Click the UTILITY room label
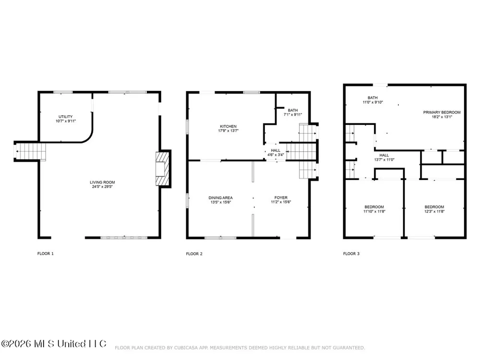pyautogui.click(x=65, y=117)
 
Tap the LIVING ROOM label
pyautogui.click(x=102, y=182)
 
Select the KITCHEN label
pyautogui.click(x=228, y=126)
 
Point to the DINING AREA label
pyautogui.click(x=220, y=198)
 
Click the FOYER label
pyautogui.click(x=281, y=198)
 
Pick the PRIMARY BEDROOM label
pyautogui.click(x=442, y=112)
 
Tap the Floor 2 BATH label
pyautogui.click(x=293, y=110)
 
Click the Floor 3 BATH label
pyautogui.click(x=372, y=97)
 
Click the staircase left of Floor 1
pyautogui.click(x=30, y=152)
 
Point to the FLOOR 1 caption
pyautogui.click(x=45, y=253)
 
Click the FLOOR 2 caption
pyautogui.click(x=194, y=254)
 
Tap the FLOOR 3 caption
pyautogui.click(x=351, y=254)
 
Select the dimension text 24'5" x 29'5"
pyautogui.click(x=102, y=186)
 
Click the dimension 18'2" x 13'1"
pyautogui.click(x=442, y=117)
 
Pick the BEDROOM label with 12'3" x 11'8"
pyautogui.click(x=434, y=207)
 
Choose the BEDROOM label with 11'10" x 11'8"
pyautogui.click(x=374, y=207)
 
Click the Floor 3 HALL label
pyautogui.click(x=384, y=155)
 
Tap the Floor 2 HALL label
pyautogui.click(x=276, y=150)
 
